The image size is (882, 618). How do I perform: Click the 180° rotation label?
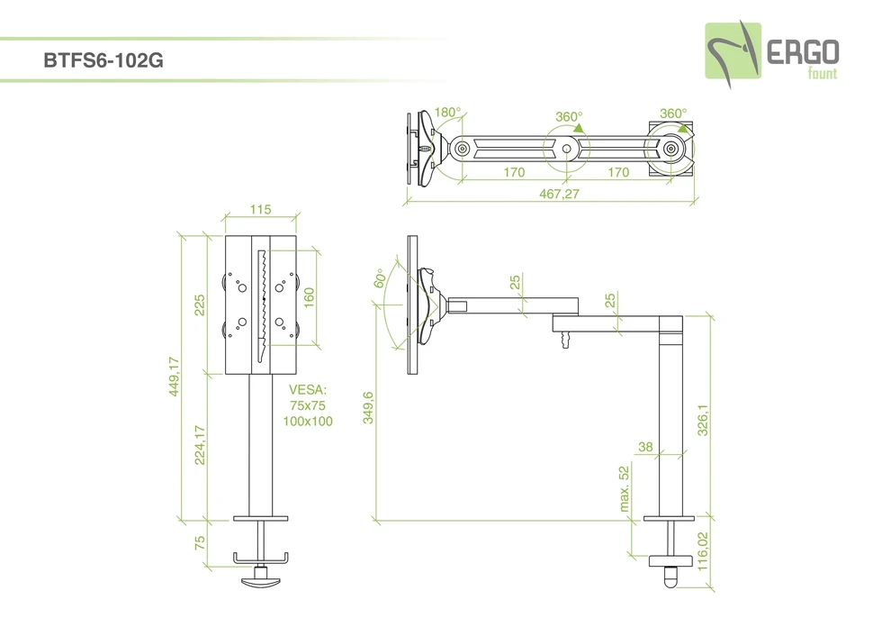click(447, 113)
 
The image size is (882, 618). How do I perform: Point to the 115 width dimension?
click(260, 210)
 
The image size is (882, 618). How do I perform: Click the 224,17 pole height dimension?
click(200, 446)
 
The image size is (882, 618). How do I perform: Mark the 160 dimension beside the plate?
click(309, 297)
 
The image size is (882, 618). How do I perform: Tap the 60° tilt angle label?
click(380, 278)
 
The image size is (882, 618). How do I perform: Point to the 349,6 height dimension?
click(369, 407)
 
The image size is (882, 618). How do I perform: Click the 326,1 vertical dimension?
click(703, 419)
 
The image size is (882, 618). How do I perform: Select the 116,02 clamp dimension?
click(703, 550)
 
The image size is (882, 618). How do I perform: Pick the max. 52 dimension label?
click(625, 489)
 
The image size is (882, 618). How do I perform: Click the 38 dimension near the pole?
click(644, 447)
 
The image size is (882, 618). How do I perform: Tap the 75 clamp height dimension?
click(200, 542)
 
